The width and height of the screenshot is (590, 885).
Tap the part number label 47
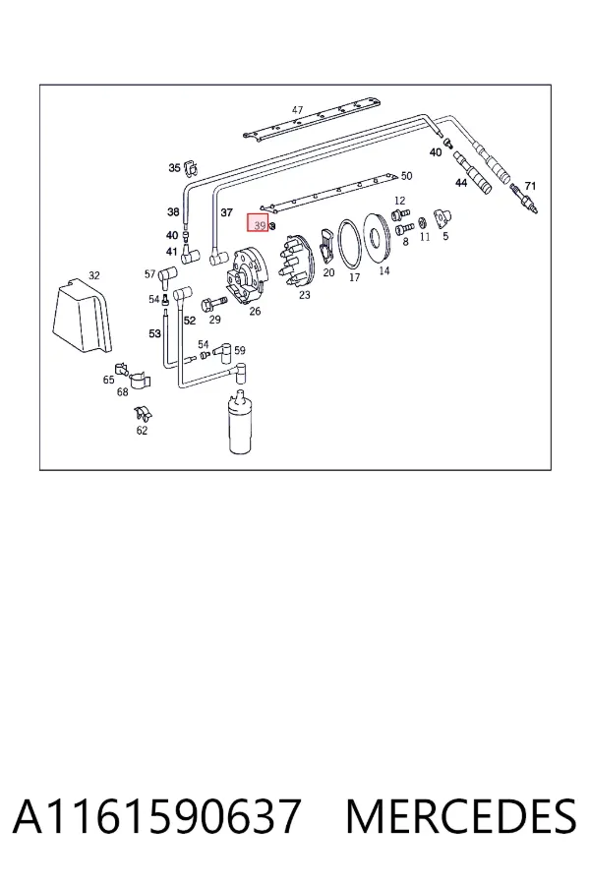pos(298,110)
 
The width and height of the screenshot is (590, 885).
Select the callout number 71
pos(530,186)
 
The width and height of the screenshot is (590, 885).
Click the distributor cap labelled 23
pos(295,263)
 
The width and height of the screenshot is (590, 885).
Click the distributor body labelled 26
pos(247,275)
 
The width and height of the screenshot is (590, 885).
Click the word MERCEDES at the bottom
pos(461,816)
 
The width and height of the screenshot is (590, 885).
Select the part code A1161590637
pos(156,816)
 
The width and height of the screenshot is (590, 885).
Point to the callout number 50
pos(406,176)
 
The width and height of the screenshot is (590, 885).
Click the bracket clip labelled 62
pos(144,414)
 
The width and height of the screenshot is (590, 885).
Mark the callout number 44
pos(461,183)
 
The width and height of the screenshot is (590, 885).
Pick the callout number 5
pos(445,236)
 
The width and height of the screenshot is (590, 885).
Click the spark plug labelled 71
pos(524,200)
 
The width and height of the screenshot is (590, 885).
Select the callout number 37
pos(226,212)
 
